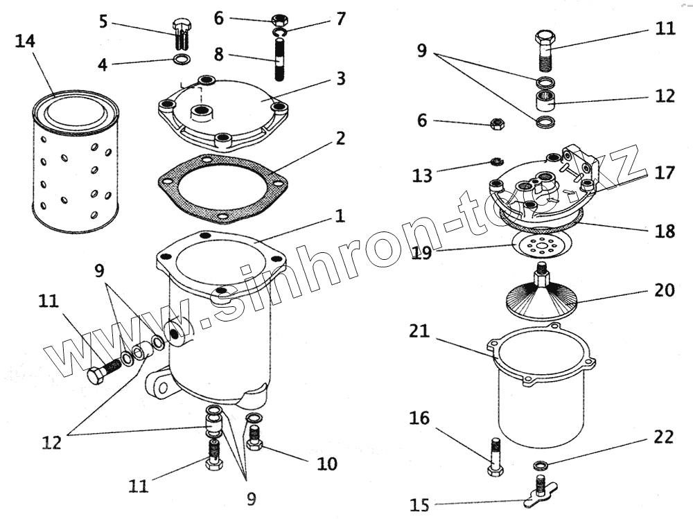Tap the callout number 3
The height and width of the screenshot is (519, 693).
pyautogui.click(x=340, y=78)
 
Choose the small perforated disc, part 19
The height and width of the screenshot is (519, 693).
pyautogui.click(x=541, y=245)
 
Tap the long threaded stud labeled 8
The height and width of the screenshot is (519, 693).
pyautogui.click(x=280, y=62)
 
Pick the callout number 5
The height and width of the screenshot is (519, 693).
pyautogui.click(x=103, y=21)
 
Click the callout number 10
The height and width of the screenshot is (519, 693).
pyautogui.click(x=328, y=463)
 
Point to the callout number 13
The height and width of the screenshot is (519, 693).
pyautogui.click(x=422, y=177)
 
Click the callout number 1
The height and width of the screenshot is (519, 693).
pyautogui.click(x=340, y=216)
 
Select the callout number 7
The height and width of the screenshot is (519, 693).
pyautogui.click(x=340, y=19)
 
